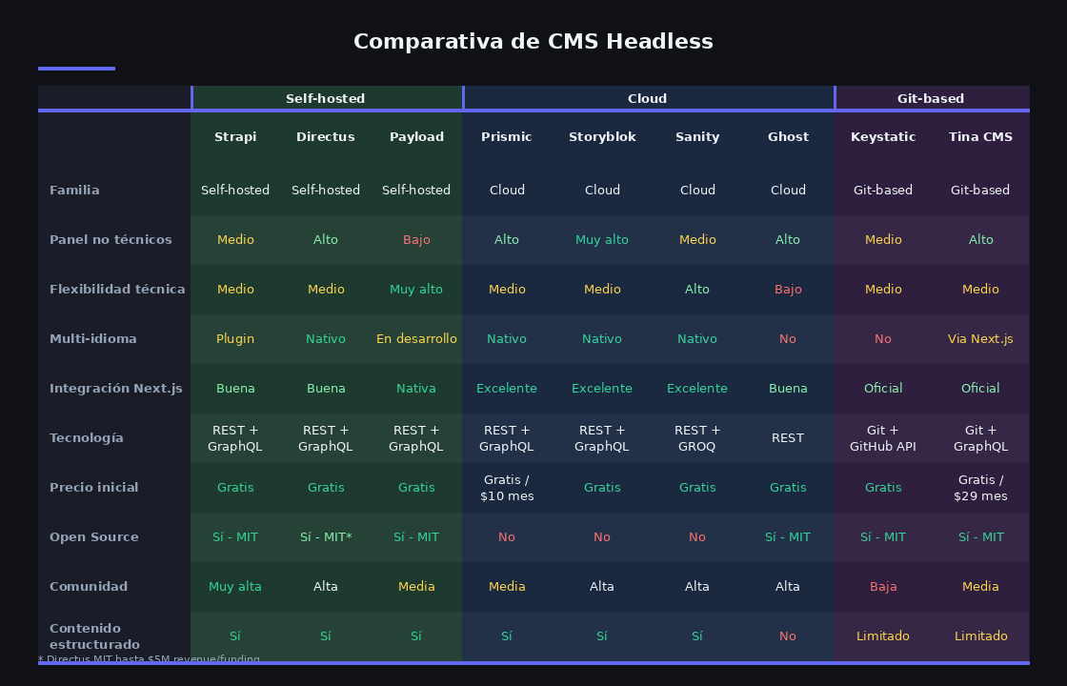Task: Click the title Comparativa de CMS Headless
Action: [533, 42]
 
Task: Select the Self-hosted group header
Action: [326, 98]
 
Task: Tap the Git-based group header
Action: [931, 98]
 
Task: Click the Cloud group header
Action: [648, 98]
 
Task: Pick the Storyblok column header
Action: [602, 137]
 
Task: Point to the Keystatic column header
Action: [883, 137]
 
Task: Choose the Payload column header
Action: [416, 137]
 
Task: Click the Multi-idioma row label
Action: [93, 339]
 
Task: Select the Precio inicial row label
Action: [94, 488]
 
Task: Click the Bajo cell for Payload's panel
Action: [416, 240]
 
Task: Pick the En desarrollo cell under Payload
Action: [416, 339]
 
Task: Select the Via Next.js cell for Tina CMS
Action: [980, 339]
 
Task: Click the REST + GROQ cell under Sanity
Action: [697, 438]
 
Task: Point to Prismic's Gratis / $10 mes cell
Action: [507, 488]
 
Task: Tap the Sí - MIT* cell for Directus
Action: [326, 537]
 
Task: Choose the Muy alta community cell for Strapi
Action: [235, 587]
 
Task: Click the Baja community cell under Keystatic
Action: [883, 587]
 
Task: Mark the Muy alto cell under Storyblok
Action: [602, 240]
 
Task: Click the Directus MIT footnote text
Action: [149, 659]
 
